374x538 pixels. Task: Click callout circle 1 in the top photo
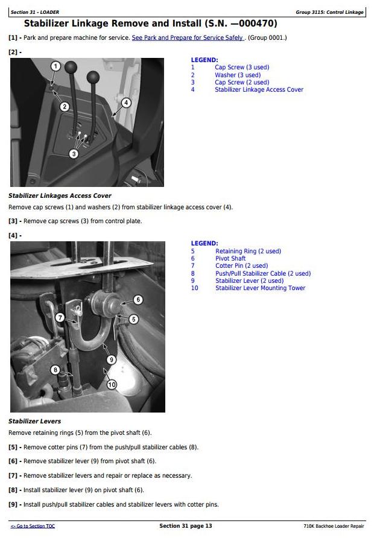(x=55, y=66)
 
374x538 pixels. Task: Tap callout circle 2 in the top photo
(x=65, y=107)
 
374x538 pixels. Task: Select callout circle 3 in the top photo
(x=74, y=154)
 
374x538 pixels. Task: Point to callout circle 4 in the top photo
(x=126, y=103)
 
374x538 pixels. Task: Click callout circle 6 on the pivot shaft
(x=137, y=300)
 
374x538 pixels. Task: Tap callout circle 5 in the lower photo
(x=133, y=319)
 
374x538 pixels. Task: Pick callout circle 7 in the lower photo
(x=60, y=317)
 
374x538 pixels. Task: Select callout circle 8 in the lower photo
(x=55, y=370)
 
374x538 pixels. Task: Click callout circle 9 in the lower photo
(x=111, y=359)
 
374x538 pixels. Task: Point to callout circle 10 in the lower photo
(x=112, y=384)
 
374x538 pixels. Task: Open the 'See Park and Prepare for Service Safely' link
(x=188, y=37)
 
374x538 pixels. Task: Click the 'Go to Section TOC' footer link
(x=33, y=526)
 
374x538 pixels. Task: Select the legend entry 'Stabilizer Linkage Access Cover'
(x=259, y=90)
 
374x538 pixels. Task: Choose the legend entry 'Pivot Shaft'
(x=230, y=259)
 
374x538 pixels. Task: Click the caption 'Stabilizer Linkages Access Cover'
(x=60, y=196)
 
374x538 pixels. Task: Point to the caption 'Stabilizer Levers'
(x=34, y=421)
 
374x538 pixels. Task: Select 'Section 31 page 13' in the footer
(x=185, y=526)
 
